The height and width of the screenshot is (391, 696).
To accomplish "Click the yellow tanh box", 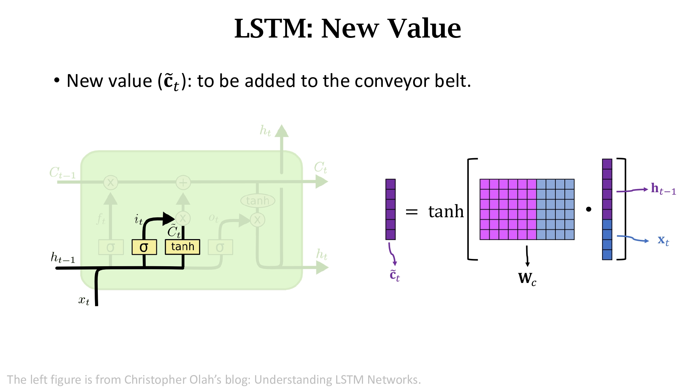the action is point(182,247).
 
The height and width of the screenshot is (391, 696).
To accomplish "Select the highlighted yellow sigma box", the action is point(144,247).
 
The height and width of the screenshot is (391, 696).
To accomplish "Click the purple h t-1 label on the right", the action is point(663,189).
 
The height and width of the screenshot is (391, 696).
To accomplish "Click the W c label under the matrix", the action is point(527,278).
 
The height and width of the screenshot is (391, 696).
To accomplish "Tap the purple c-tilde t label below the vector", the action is point(394,275).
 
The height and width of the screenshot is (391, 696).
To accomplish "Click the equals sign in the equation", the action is point(411,211).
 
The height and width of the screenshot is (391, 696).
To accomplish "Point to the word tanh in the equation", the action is point(446,211).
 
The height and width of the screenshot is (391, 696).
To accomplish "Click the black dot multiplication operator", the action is point(588,209).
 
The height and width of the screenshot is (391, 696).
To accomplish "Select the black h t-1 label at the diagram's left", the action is point(63,258).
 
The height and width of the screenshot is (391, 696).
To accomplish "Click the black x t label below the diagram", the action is point(84,300).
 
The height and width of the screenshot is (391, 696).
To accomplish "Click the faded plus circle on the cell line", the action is point(183,182).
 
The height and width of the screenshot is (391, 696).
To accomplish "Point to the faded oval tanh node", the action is point(258,201).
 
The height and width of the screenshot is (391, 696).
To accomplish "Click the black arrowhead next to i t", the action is point(168,219).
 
